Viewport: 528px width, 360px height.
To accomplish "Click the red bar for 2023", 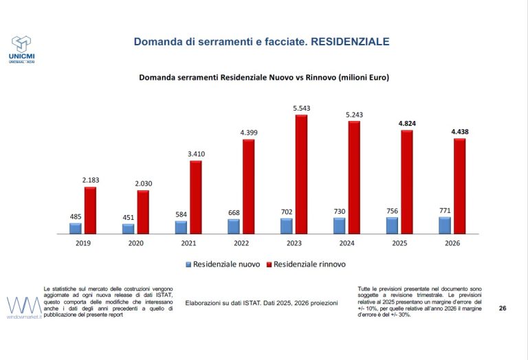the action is pyautogui.click(x=301, y=175).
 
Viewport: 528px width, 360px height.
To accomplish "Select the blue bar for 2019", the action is pyautogui.click(x=76, y=229).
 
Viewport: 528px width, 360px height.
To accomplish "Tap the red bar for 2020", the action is pyautogui.click(x=143, y=212).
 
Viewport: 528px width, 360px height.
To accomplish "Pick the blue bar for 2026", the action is pyautogui.click(x=445, y=225).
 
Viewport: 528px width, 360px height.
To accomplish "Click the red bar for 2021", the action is pyautogui.click(x=196, y=197).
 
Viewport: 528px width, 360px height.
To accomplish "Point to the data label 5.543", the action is pyautogui.click(x=301, y=109).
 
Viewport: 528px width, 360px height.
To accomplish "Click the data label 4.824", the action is pyautogui.click(x=407, y=124).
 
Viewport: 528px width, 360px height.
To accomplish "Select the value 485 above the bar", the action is pyautogui.click(x=76, y=216).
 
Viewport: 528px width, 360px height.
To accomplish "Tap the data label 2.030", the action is pyautogui.click(x=144, y=183).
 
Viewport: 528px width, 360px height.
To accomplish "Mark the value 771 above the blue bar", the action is pyautogui.click(x=445, y=211).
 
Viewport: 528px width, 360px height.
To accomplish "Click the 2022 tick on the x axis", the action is pyautogui.click(x=241, y=243).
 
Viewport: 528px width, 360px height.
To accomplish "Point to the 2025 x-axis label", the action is pyautogui.click(x=399, y=243).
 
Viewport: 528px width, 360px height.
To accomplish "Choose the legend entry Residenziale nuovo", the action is pyautogui.click(x=223, y=265).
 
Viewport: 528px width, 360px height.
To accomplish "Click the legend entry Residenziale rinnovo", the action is pyautogui.click(x=306, y=265).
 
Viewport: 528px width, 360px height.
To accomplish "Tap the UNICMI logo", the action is pyautogui.click(x=21, y=49).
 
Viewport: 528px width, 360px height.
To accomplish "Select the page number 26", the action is pyautogui.click(x=503, y=308).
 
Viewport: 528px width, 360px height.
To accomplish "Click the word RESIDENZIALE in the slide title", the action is pyautogui.click(x=350, y=42).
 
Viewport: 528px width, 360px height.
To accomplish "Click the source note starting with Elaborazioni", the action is pyautogui.click(x=261, y=303).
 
